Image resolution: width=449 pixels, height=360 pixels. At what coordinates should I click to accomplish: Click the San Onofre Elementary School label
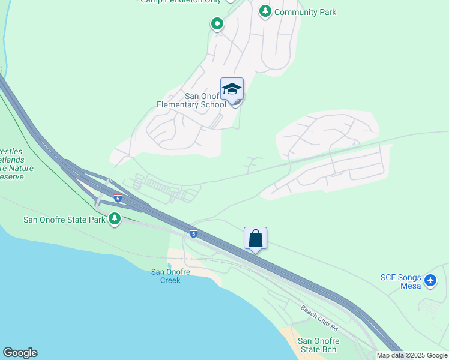191,100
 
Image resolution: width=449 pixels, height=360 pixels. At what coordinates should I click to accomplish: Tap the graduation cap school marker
232,89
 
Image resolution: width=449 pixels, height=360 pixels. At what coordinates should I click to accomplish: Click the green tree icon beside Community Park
265,11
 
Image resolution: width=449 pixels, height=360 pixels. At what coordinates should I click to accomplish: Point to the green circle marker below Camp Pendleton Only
217,24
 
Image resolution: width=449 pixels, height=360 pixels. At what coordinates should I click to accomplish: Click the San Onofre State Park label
64,220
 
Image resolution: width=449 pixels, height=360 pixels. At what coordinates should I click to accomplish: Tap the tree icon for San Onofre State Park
115,219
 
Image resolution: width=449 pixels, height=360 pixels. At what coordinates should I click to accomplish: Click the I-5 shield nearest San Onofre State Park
118,197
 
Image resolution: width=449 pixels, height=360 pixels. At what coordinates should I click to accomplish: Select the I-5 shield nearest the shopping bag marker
193,233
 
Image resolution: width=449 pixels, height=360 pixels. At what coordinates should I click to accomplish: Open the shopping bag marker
255,238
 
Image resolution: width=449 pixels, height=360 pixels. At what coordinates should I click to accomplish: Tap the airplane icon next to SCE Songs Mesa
430,280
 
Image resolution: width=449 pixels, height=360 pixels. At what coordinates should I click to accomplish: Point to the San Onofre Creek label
170,276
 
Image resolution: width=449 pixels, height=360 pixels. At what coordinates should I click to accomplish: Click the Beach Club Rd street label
319,319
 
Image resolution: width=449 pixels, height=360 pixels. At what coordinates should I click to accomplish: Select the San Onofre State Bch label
317,345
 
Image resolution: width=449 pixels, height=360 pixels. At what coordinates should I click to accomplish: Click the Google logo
20,353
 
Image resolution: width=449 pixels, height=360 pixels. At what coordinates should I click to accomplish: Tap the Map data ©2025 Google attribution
412,355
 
